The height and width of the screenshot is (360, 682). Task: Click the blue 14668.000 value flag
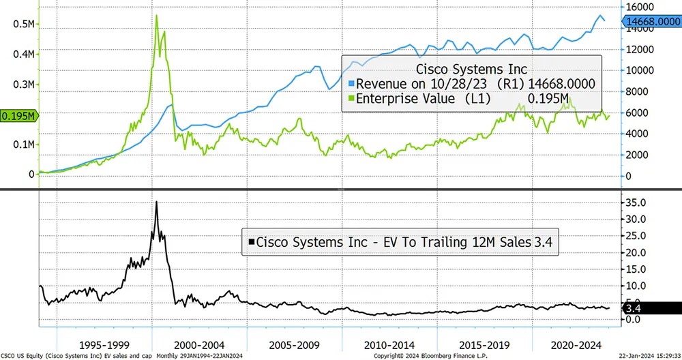tap(653, 22)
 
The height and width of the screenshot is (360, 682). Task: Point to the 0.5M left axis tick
tap(24, 24)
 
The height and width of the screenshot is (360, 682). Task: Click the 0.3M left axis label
tap(24, 85)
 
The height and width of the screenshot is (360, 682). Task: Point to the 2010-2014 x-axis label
tap(389, 344)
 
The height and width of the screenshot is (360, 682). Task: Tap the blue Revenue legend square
tap(351, 84)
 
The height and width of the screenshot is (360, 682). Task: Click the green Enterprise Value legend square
tap(351, 100)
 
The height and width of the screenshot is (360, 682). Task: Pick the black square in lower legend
tap(252, 241)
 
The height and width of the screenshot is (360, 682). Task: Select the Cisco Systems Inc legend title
tap(471, 69)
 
